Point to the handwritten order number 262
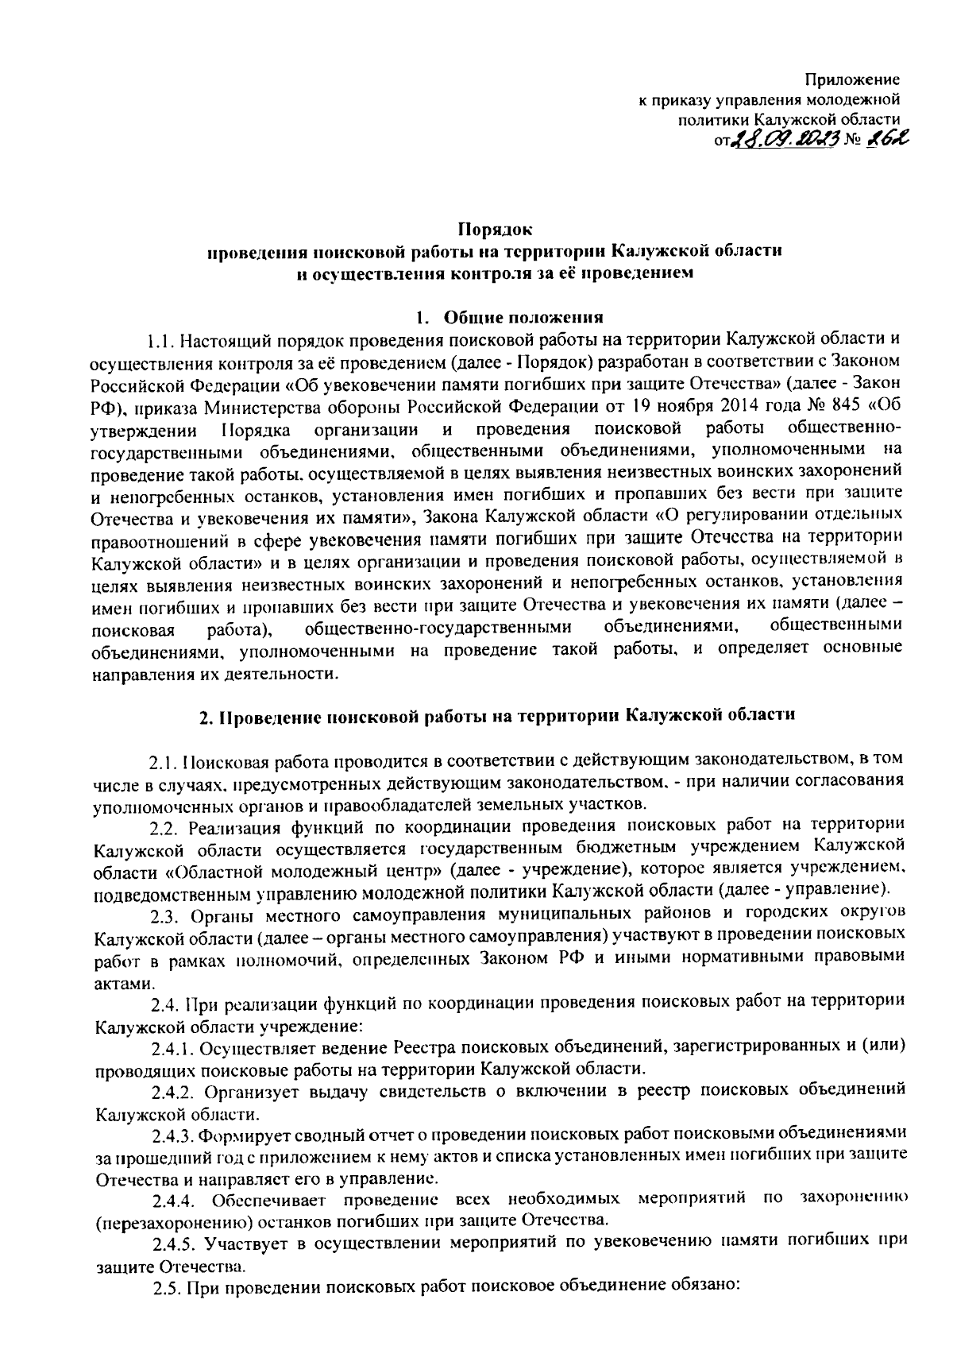pyautogui.click(x=878, y=140)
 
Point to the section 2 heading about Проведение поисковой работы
pyautogui.click(x=496, y=714)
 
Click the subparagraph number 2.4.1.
pyautogui.click(x=176, y=1046)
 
